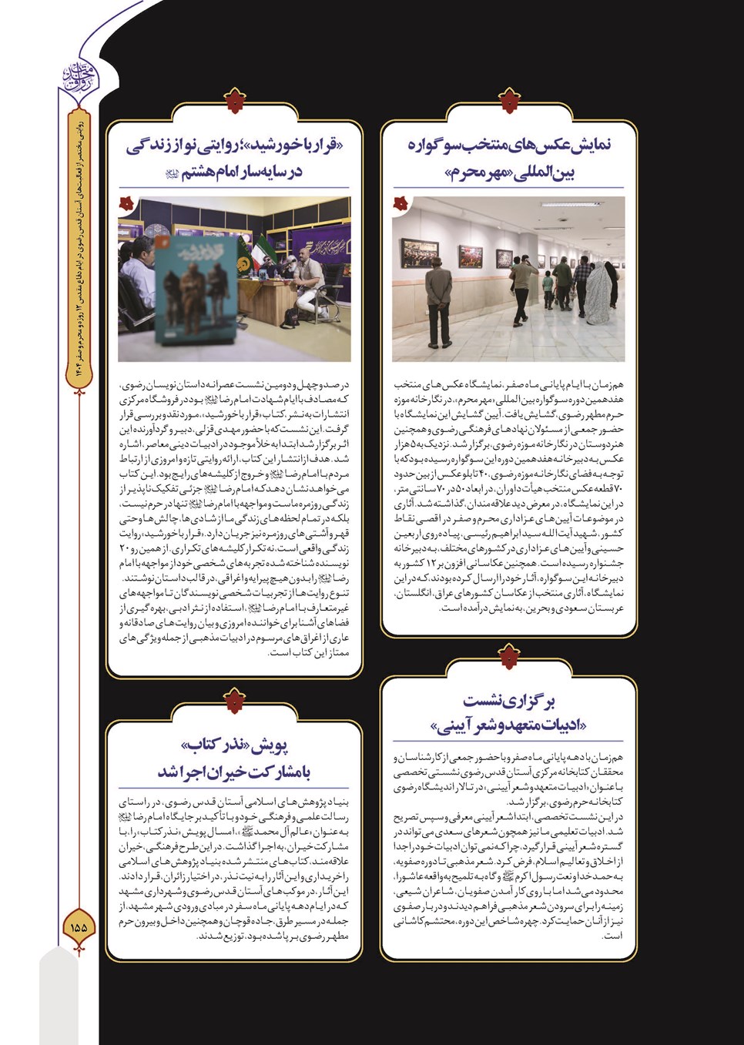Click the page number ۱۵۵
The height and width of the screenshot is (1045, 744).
tap(79, 927)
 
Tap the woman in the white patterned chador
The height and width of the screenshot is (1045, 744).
tap(608, 292)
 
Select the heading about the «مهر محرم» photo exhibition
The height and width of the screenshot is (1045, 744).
tap(510, 158)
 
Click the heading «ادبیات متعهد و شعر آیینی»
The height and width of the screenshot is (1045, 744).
tap(508, 712)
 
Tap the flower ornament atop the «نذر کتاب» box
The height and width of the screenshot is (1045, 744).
tap(234, 702)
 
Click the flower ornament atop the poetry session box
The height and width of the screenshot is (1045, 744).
tap(508, 657)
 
